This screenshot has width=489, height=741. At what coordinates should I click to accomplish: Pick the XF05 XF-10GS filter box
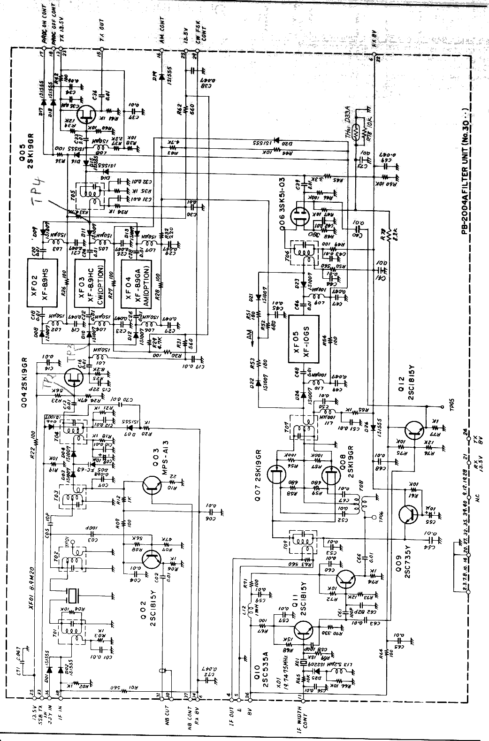[x=303, y=339]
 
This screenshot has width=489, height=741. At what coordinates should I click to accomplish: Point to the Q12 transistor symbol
[x=415, y=431]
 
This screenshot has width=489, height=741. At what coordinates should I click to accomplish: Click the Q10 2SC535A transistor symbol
[x=304, y=631]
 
